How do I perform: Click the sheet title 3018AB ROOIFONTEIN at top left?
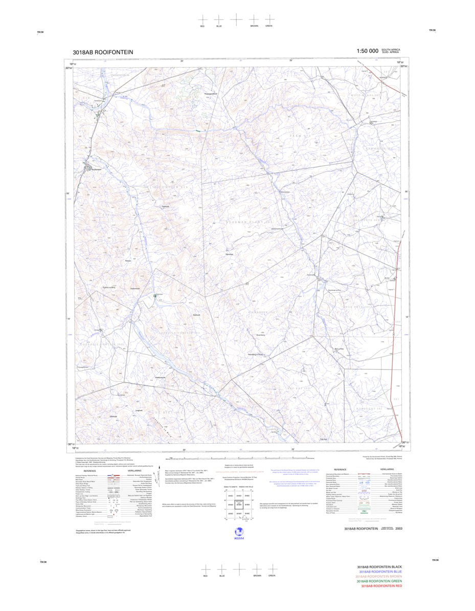pyautogui.click(x=103, y=52)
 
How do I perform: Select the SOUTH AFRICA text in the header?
pyautogui.click(x=391, y=50)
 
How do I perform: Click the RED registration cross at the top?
pyautogui.click(x=203, y=19)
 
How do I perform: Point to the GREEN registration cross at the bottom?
pyautogui.click(x=272, y=569)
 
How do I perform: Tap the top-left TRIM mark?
pyautogui.click(x=40, y=32)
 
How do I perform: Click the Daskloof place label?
pyautogui.click(x=165, y=206)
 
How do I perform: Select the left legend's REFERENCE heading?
pyautogui.click(x=90, y=470)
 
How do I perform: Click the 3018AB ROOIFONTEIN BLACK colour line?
pyautogui.click(x=380, y=567)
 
